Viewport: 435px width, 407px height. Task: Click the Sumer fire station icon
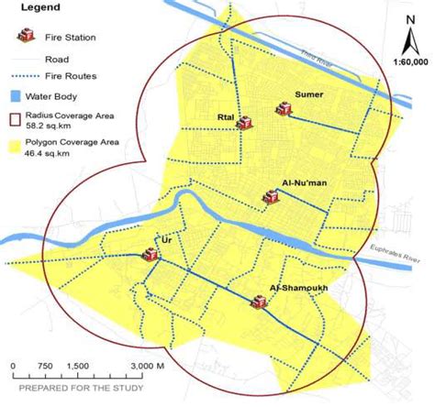[283, 110]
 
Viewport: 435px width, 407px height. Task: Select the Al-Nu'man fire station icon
[271, 195]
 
